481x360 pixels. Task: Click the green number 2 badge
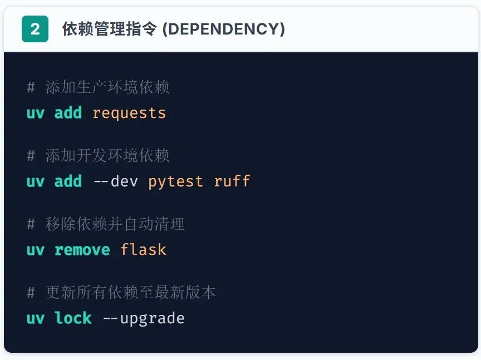coord(35,29)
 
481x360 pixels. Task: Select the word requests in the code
coord(129,113)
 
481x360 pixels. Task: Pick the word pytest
coord(175,181)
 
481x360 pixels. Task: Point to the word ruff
coord(232,181)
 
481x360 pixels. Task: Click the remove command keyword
coord(82,250)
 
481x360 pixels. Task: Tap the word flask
coord(143,250)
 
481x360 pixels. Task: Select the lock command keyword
coord(73,318)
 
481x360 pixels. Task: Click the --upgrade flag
coord(143,318)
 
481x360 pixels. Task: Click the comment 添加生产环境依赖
coord(106,87)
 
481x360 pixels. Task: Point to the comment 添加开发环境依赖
coord(106,156)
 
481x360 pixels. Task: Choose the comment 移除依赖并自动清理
coord(114,224)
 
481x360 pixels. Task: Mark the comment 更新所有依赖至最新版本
coord(130,293)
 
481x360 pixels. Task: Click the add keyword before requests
coord(68,113)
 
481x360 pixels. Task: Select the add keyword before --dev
coord(68,181)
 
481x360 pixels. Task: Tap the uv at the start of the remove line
coord(35,250)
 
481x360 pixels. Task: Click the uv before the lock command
coord(35,318)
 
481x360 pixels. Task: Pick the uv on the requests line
coord(35,113)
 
